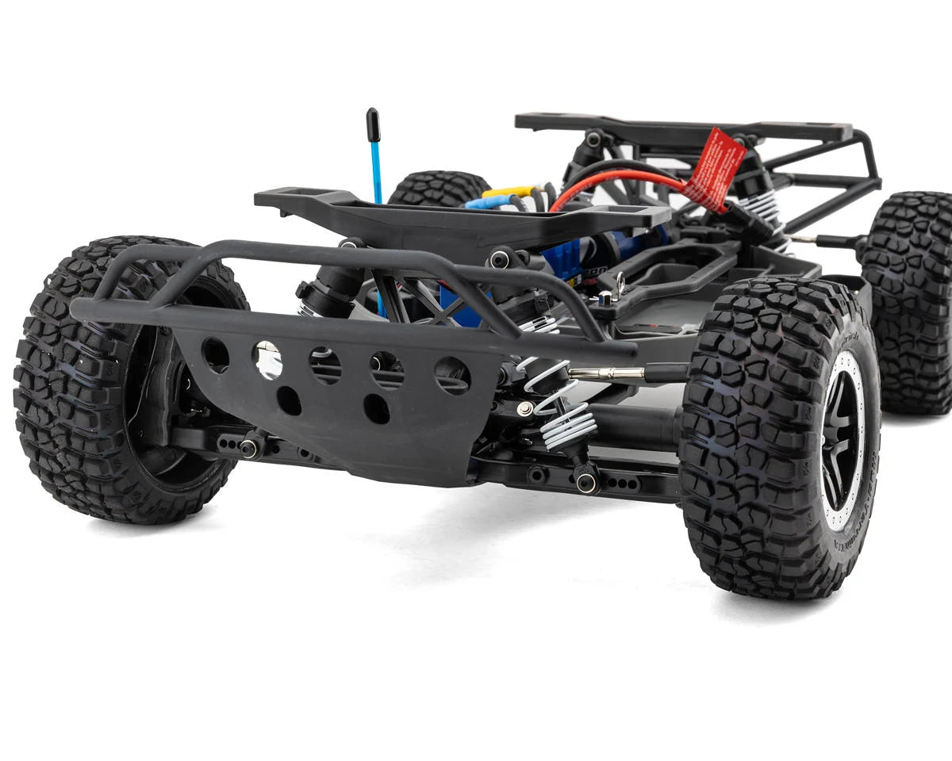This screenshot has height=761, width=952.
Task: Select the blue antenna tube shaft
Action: (x=376, y=170)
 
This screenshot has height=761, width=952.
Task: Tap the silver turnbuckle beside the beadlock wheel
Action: (x=607, y=373)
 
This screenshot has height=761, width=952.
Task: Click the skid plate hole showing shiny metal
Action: (x=267, y=359)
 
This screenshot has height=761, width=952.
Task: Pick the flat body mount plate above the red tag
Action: (x=682, y=128)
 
